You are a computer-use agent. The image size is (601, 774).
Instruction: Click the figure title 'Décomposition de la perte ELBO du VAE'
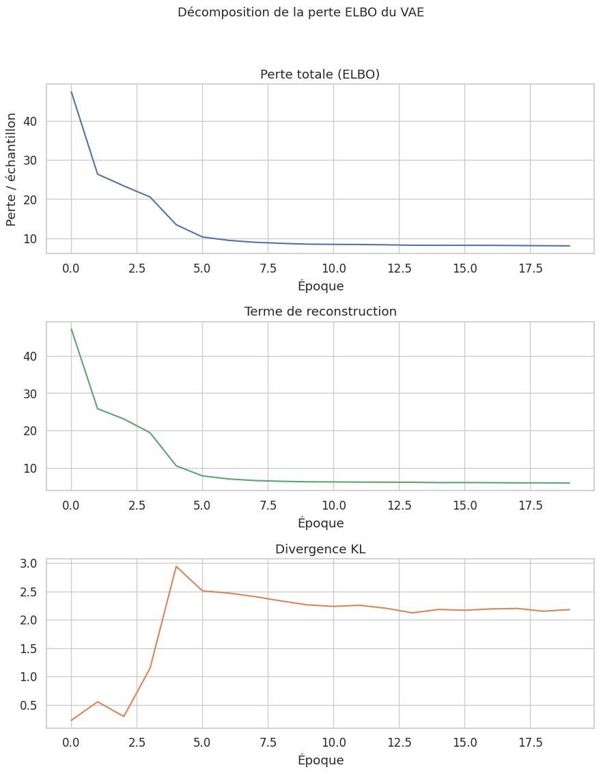pos(300,12)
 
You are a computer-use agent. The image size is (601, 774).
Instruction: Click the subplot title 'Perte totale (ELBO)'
pos(320,74)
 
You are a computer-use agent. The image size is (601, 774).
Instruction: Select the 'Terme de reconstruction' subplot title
pos(320,312)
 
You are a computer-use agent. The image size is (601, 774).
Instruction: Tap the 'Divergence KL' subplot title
pos(320,549)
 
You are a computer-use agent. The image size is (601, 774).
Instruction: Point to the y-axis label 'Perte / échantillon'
pos(12,169)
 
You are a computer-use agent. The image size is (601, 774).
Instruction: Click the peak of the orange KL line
pos(176,566)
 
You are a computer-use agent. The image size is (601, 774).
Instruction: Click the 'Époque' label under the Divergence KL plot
pos(320,760)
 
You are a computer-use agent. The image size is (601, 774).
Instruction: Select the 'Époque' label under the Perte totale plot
pos(320,286)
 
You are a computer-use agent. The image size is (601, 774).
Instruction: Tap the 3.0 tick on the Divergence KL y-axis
pos(28,564)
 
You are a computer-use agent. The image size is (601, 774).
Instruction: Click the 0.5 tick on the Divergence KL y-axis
pos(28,705)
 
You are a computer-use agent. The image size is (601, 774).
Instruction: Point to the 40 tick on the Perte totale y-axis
pos(30,121)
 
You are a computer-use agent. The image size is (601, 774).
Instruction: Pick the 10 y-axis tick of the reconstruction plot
pos(30,468)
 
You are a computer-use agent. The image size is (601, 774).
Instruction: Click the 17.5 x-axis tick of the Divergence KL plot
pos(530,742)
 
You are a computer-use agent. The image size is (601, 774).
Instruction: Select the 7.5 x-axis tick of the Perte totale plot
pos(268,267)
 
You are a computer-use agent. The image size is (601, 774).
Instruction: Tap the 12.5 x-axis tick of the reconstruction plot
pos(399,505)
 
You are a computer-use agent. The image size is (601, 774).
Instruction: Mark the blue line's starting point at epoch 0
pos(72,92)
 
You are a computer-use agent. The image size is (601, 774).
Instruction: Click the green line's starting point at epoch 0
pos(72,329)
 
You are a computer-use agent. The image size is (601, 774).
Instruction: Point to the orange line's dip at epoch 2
pos(124,716)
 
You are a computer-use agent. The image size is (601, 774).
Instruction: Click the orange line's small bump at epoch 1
pos(98,702)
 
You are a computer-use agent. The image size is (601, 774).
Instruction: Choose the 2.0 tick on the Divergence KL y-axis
pos(28,620)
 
